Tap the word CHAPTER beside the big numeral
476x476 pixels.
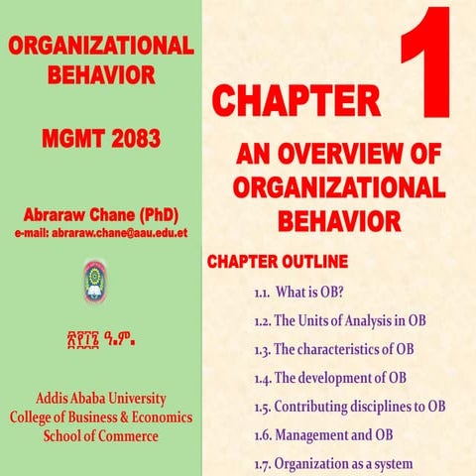[296, 101]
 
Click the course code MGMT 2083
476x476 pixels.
[101, 139]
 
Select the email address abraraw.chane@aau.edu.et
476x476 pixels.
[101, 234]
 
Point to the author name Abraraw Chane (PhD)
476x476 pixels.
[101, 214]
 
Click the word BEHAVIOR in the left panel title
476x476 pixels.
[99, 72]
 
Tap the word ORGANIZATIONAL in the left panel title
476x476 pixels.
[99, 46]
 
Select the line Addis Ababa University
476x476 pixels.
[100, 399]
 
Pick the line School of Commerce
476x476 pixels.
[100, 435]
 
